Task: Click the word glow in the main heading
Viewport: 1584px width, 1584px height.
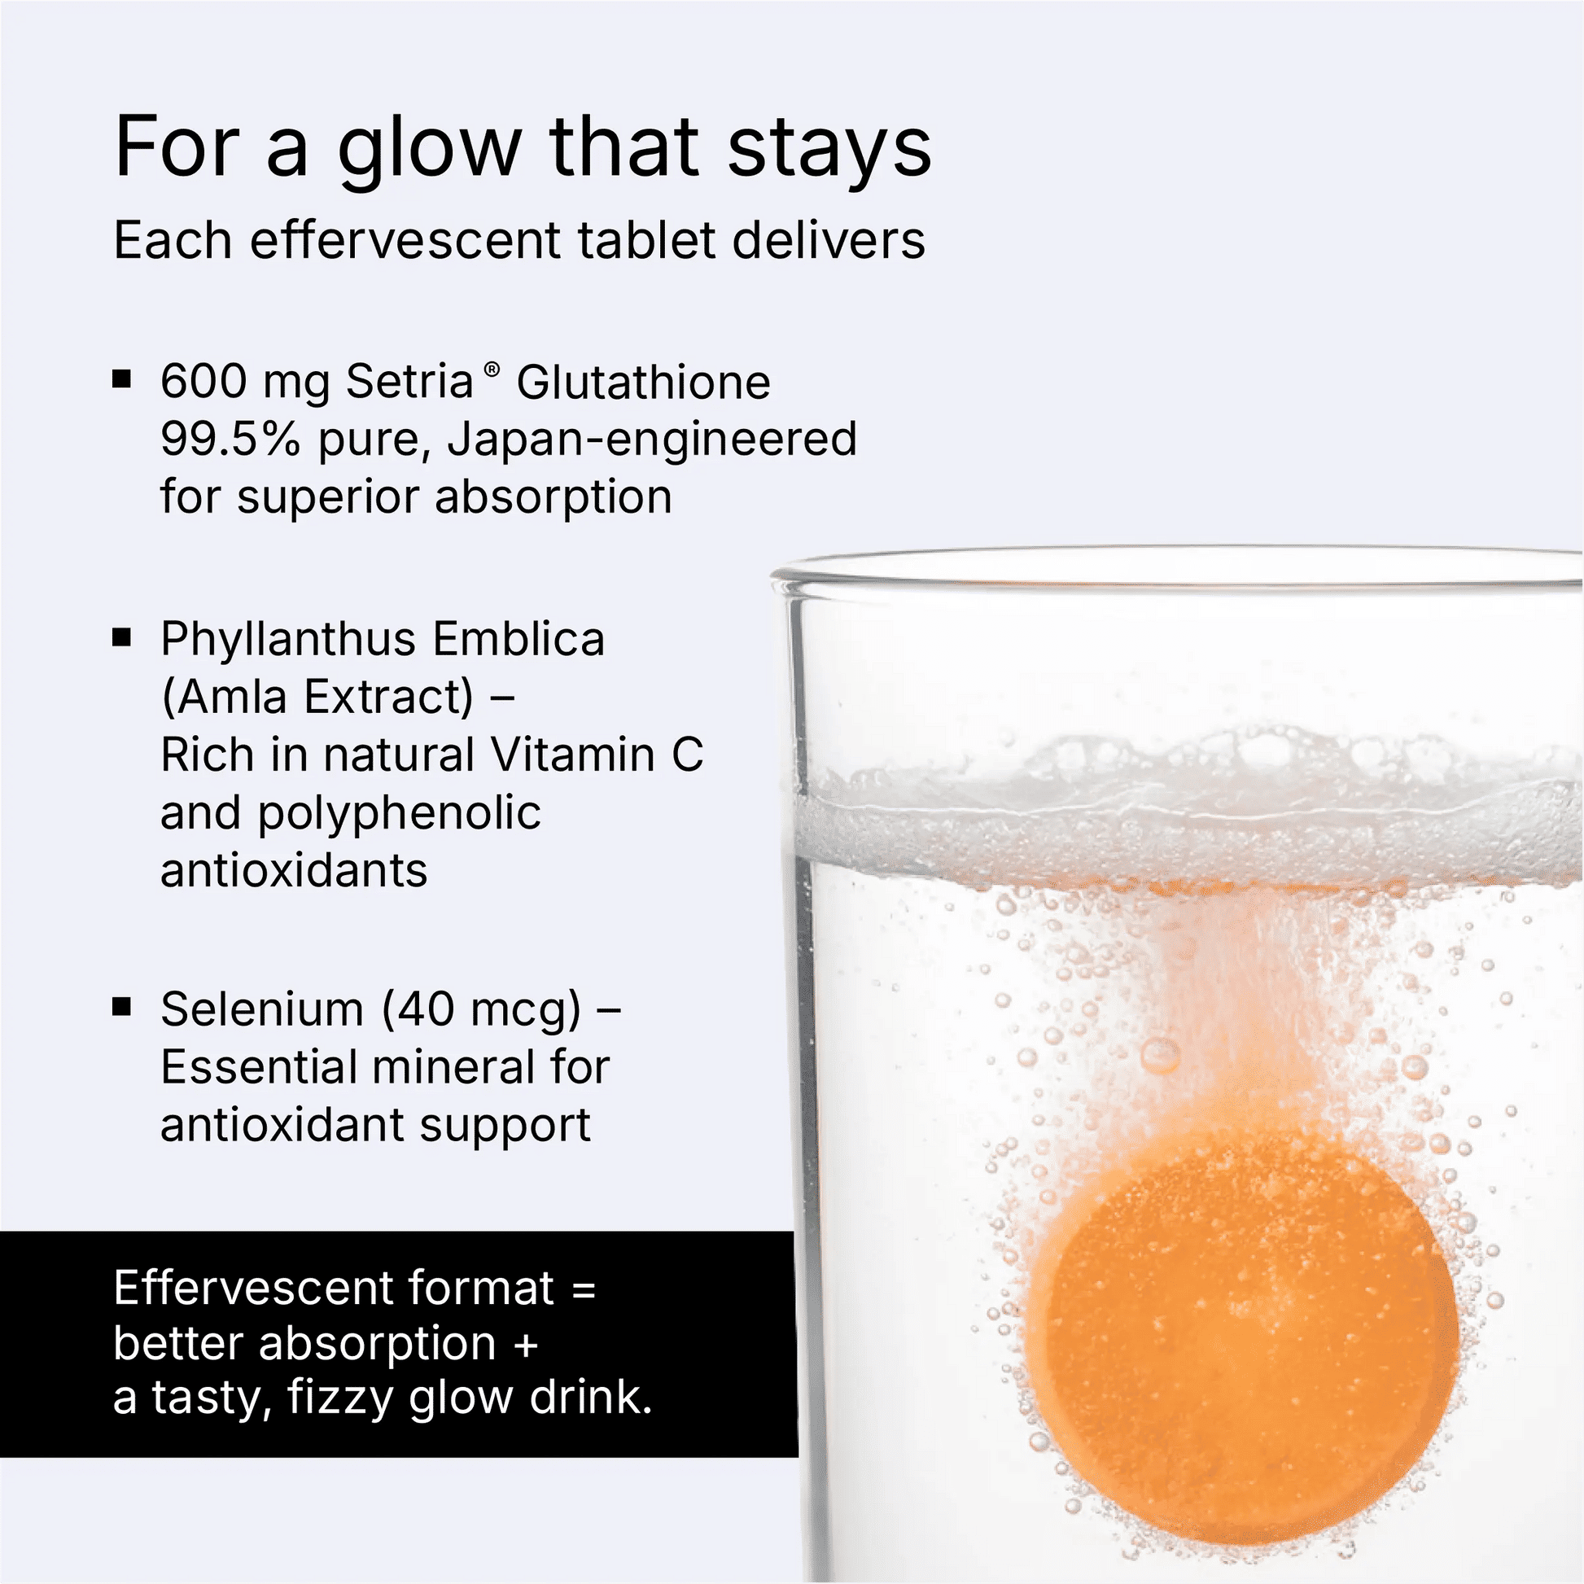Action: point(430,151)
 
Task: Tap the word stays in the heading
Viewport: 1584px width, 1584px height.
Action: point(829,151)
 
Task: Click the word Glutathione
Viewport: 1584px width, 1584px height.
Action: point(644,381)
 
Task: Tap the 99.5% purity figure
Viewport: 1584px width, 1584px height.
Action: point(230,439)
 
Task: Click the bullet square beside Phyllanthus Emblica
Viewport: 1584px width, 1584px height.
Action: point(122,637)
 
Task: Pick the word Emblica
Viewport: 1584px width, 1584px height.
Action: point(519,639)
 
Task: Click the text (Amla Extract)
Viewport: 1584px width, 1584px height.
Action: point(317,698)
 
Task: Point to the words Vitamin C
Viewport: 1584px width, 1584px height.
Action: point(597,755)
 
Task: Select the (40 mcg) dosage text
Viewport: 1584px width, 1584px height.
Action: point(482,1010)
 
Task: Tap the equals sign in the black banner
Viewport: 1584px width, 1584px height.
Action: point(583,1289)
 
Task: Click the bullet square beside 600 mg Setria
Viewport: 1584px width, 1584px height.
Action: point(122,378)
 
